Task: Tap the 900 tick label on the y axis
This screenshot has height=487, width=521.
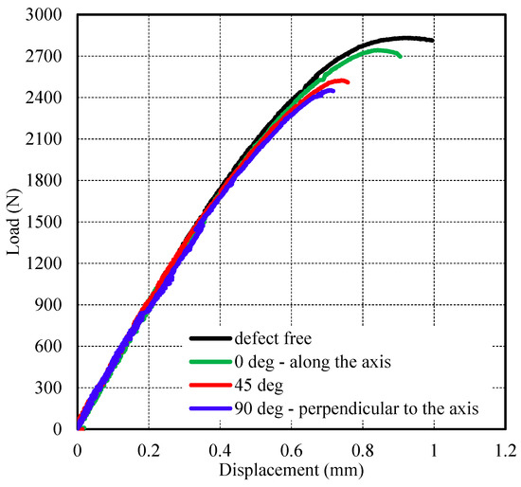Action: (50, 305)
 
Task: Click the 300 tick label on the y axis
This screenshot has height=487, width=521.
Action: (50, 388)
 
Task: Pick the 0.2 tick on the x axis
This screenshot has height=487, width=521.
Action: (149, 448)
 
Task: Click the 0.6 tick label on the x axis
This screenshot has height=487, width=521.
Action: (291, 448)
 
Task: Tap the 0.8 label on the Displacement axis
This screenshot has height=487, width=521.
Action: (362, 448)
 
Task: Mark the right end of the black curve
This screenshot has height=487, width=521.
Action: (432, 40)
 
